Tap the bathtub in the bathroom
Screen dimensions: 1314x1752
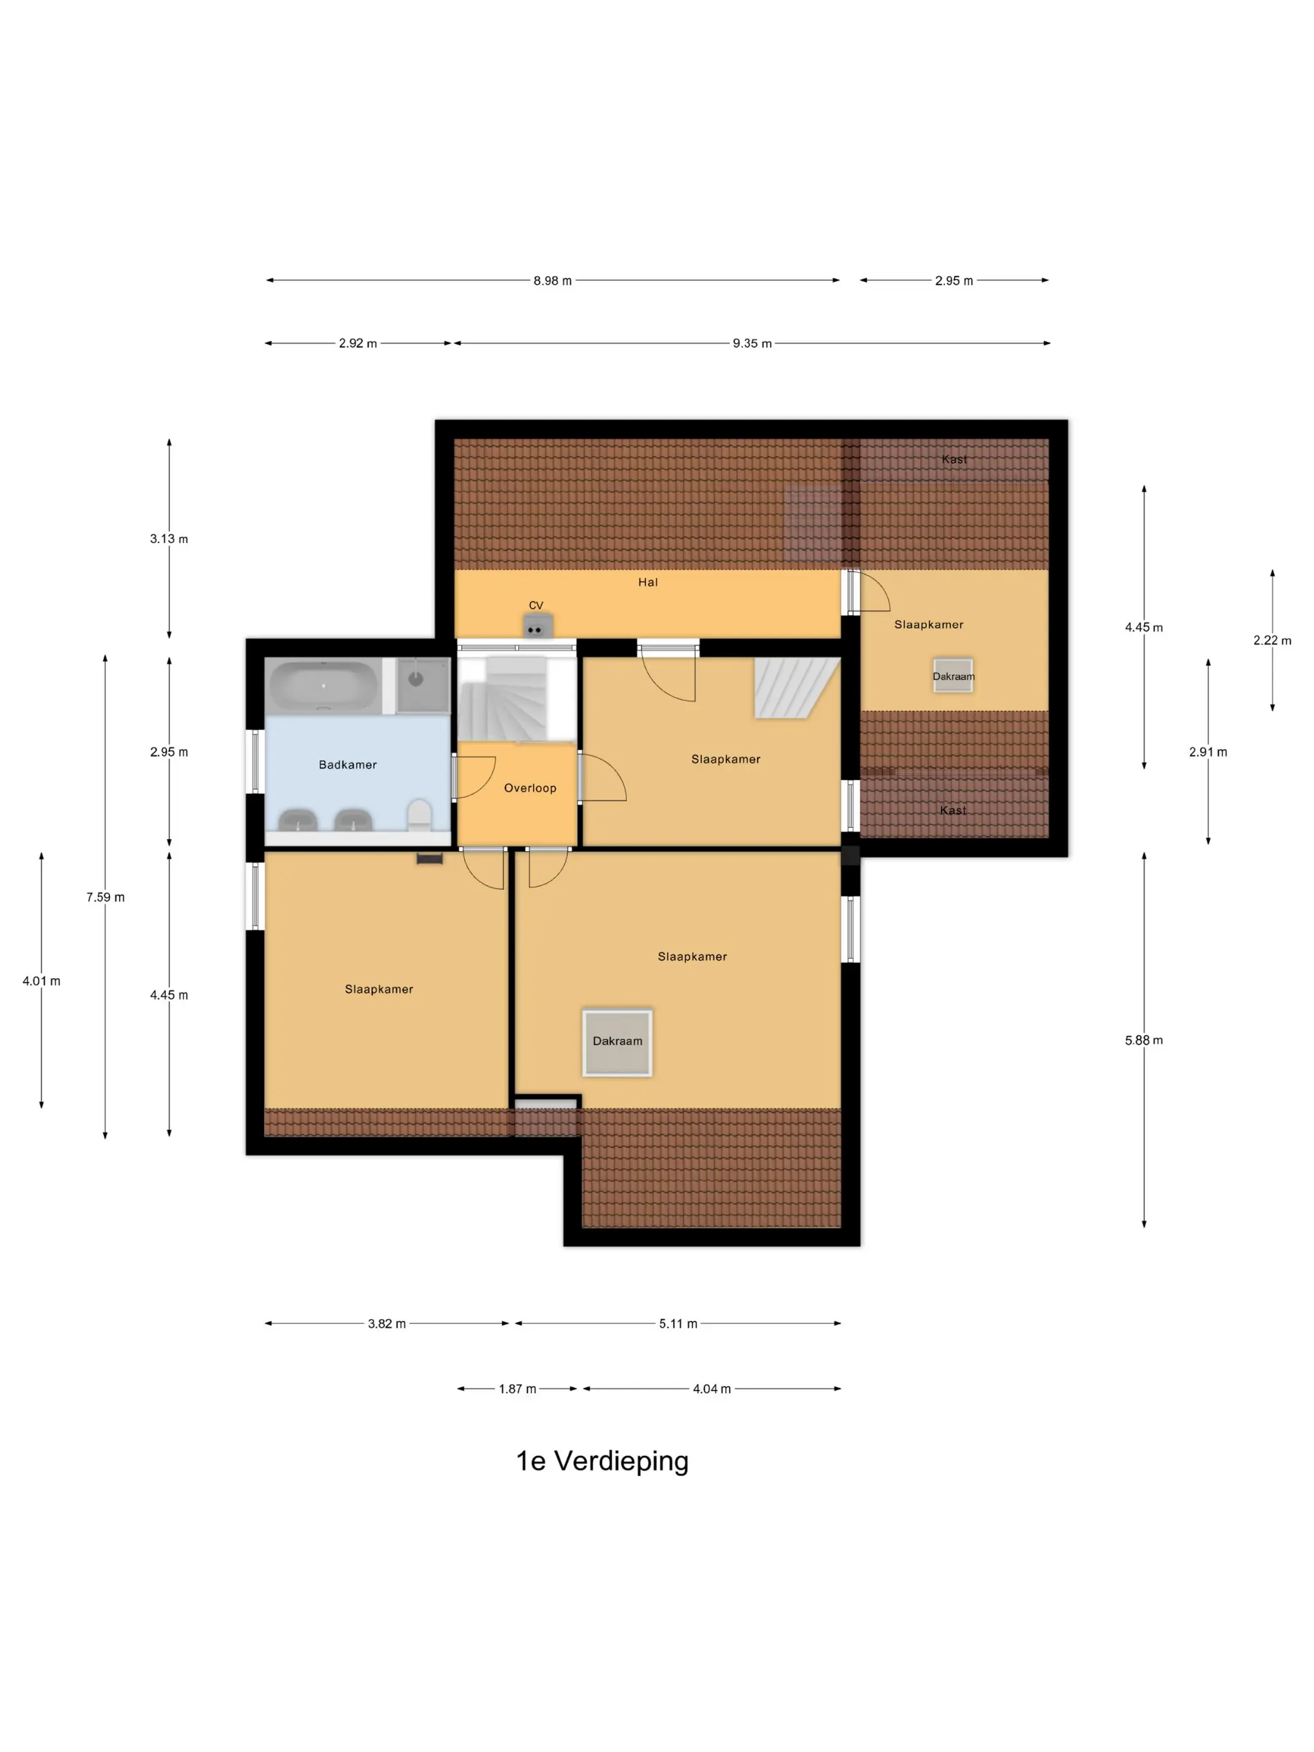point(324,685)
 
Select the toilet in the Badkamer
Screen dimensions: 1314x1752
point(419,815)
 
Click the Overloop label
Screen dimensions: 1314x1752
point(530,788)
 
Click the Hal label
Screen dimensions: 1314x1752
point(648,582)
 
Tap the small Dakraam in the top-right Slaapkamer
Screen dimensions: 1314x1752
point(953,676)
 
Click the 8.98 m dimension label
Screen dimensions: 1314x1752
point(552,280)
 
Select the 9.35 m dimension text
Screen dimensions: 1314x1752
point(751,343)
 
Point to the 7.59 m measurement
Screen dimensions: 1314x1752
point(105,897)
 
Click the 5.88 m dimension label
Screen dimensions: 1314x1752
point(1144,1040)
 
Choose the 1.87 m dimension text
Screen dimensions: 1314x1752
point(517,1388)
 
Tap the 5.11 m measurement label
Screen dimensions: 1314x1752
point(678,1323)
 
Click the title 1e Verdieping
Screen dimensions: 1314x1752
point(602,1460)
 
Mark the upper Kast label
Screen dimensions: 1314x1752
point(954,459)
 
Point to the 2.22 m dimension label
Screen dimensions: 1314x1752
point(1272,640)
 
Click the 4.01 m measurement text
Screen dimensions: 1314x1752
point(41,980)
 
